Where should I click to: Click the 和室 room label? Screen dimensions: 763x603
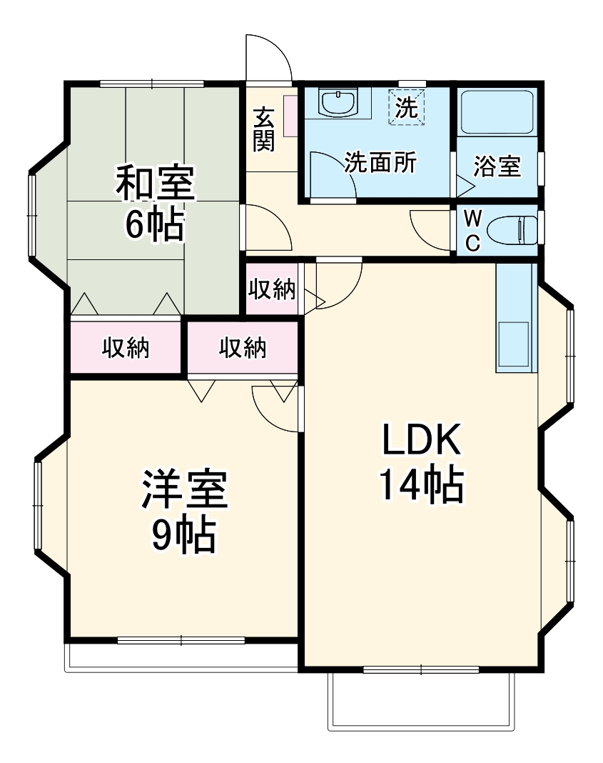tap(155, 183)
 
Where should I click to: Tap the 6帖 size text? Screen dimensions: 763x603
tap(155, 224)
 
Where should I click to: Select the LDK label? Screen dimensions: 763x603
tap(420, 442)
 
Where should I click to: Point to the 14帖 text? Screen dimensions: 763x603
tap(420, 486)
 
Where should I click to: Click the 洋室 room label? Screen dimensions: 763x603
tap(184, 490)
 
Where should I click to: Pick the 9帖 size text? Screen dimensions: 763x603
tap(184, 534)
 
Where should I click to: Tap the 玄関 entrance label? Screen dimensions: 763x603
tap(264, 129)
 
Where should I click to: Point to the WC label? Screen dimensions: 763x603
tap(472, 231)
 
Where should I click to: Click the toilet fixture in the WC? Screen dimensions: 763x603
tap(512, 231)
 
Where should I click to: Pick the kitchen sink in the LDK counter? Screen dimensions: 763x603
tap(514, 346)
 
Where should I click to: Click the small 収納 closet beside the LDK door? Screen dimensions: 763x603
tap(271, 289)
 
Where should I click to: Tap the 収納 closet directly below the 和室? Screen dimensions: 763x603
tap(125, 348)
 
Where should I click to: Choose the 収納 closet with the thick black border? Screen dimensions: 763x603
tap(242, 348)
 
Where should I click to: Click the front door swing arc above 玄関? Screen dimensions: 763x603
tap(268, 57)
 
